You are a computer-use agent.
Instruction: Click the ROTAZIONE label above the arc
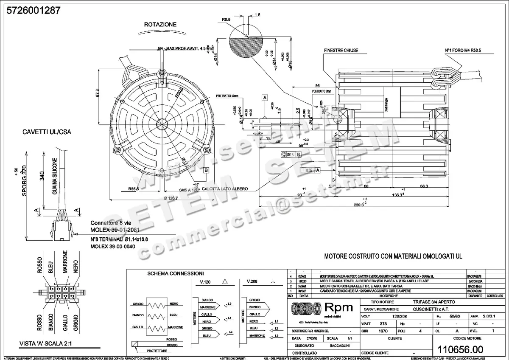[160, 25]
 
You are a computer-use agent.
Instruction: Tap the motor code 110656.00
[459, 349]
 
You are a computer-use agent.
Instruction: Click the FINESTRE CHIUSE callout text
[341, 51]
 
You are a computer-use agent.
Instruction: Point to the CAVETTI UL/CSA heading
[47, 132]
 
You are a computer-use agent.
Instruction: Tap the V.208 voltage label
[253, 281]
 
